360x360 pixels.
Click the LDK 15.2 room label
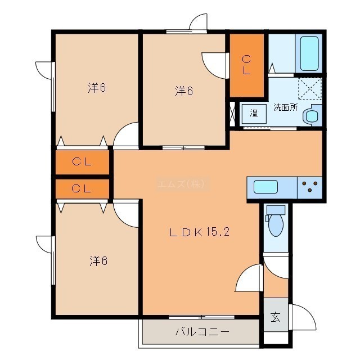199,232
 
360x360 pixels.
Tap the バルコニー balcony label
202,332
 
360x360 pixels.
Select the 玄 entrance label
275,317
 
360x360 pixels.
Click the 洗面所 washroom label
285,107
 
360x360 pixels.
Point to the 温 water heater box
254,114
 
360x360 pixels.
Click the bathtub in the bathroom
309,53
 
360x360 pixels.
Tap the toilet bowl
276,225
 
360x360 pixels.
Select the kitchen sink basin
265,187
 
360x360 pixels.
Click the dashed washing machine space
310,89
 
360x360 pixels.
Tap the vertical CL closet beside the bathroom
247,65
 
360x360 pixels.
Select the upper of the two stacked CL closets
82,162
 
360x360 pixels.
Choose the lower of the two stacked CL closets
82,189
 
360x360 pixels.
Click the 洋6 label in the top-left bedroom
97,88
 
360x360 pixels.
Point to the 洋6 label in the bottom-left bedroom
98,261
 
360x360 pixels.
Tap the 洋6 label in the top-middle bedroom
184,91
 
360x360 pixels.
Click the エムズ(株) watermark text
181,184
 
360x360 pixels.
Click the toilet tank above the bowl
276,210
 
